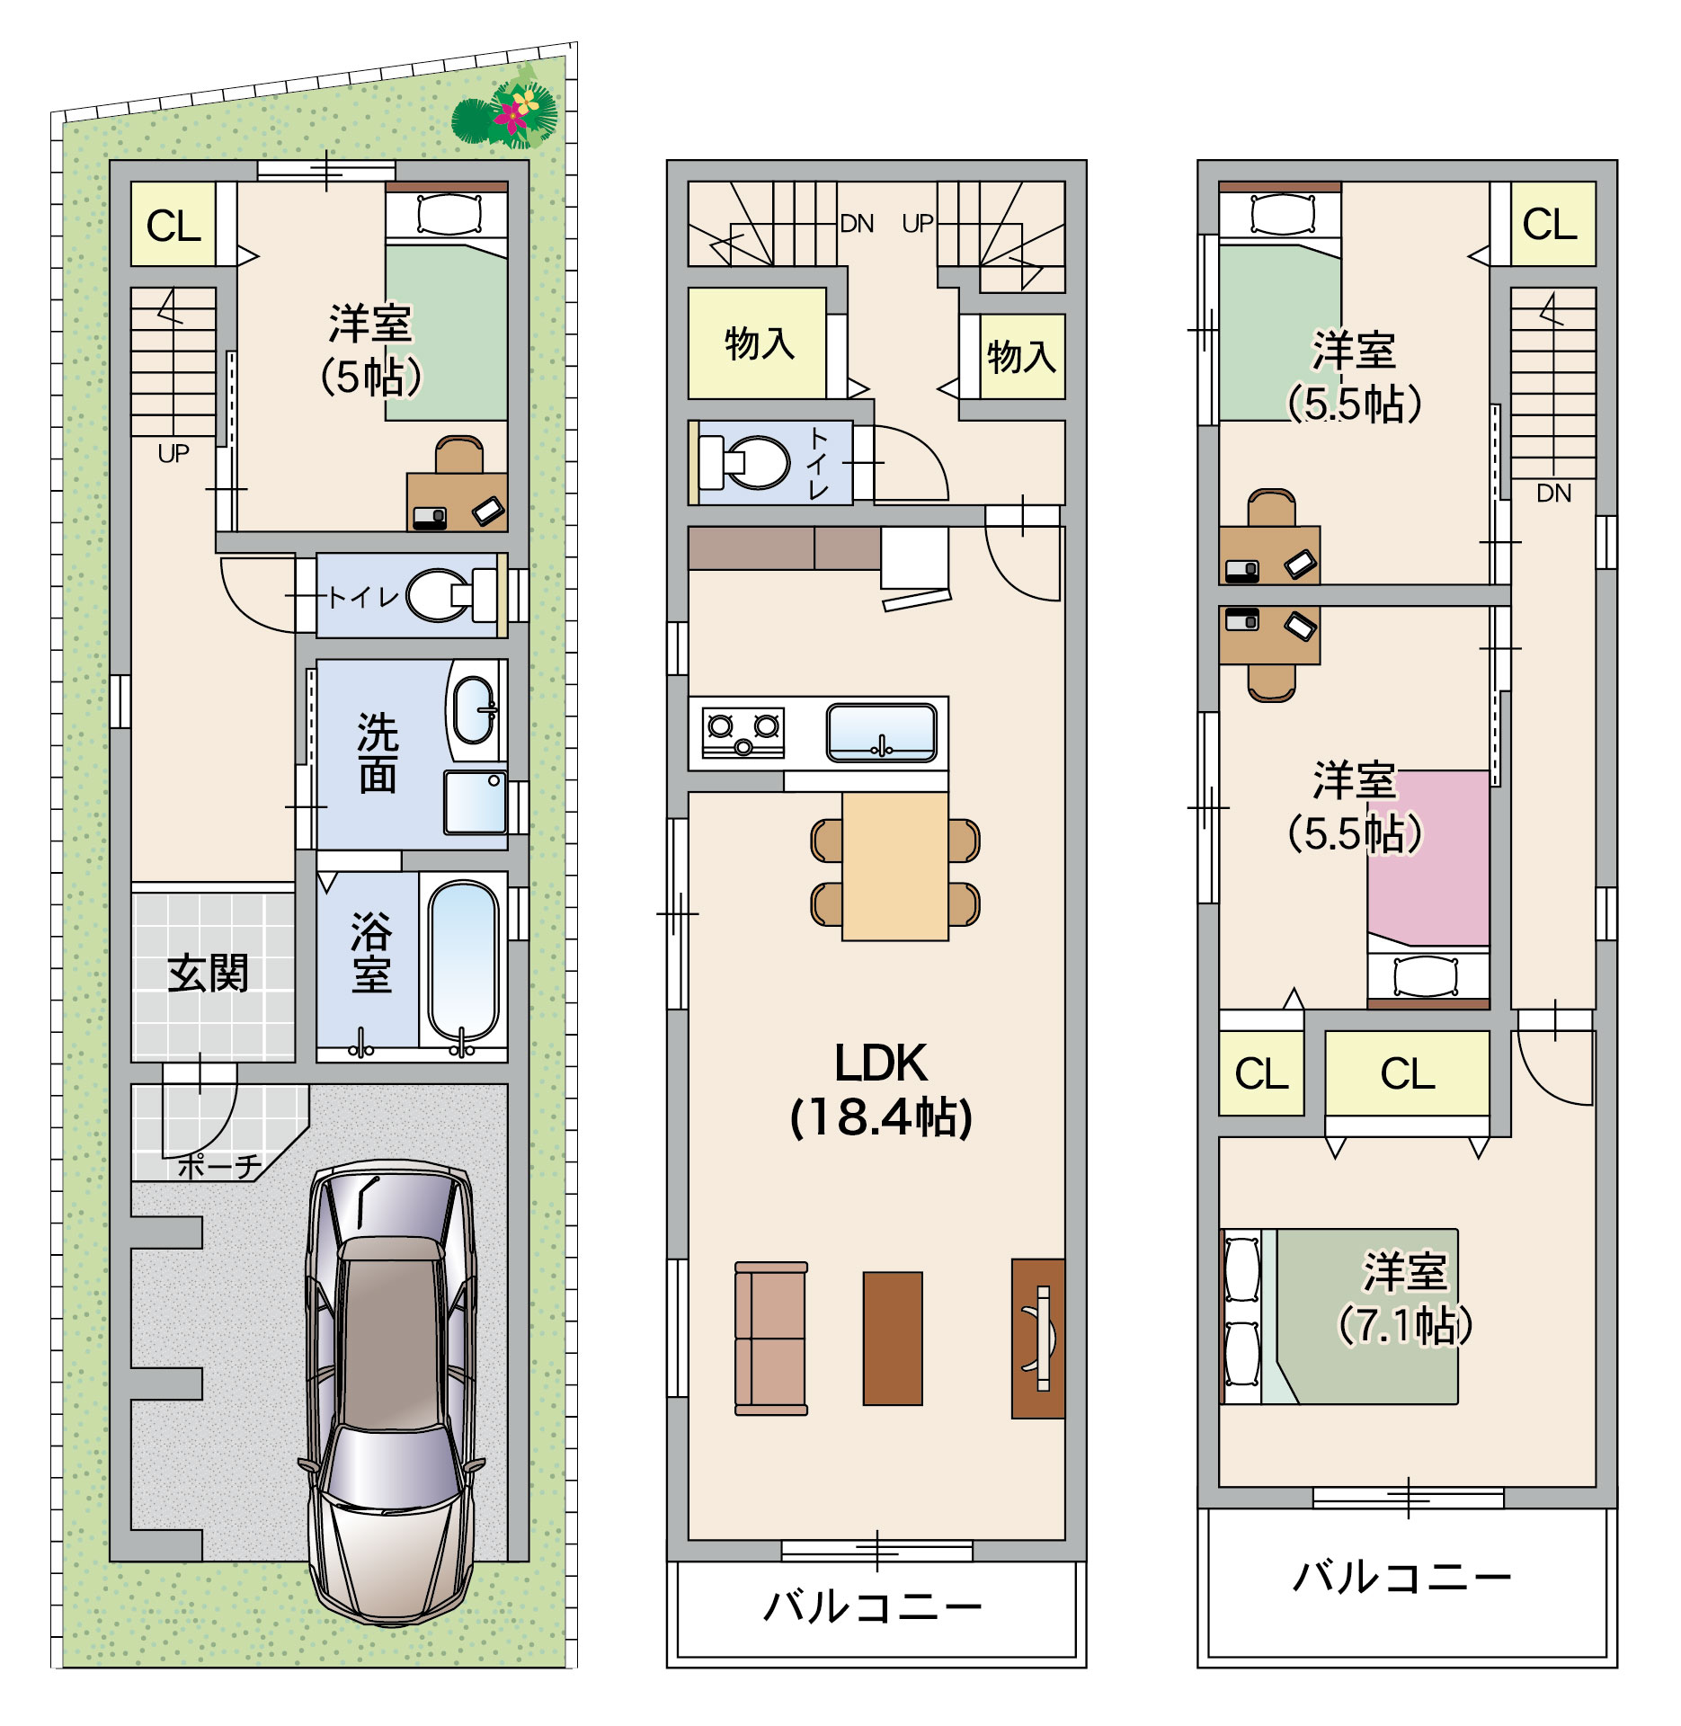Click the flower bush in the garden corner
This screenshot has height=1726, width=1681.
[505, 113]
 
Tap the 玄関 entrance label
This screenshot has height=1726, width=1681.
[208, 974]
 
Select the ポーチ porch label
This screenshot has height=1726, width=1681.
[219, 1166]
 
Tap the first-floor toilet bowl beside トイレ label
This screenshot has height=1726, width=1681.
[440, 595]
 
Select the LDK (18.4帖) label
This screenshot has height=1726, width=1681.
[881, 1090]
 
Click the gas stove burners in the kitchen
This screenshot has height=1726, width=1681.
[743, 734]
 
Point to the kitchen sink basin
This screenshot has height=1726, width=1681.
[882, 733]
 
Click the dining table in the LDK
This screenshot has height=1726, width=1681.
[895, 867]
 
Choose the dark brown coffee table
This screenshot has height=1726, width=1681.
[893, 1338]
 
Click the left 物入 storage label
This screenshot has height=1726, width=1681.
[760, 343]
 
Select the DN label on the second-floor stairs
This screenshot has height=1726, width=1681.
[857, 223]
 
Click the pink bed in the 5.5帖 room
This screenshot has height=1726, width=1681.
[1428, 858]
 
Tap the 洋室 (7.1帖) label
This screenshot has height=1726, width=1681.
[1406, 1297]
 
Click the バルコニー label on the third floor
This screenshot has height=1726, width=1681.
[1402, 1577]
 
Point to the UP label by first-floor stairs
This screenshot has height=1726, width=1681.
[173, 453]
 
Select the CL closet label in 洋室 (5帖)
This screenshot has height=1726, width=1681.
[173, 226]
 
